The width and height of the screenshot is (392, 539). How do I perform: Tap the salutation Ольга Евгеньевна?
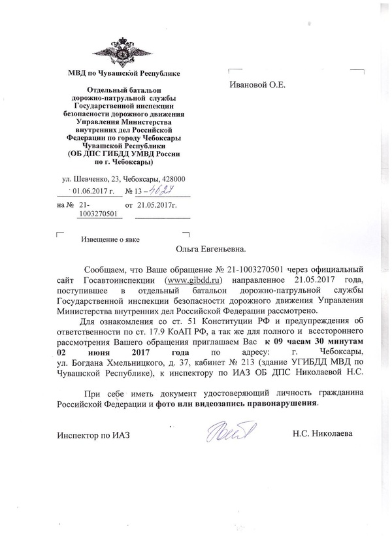coord(210,248)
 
